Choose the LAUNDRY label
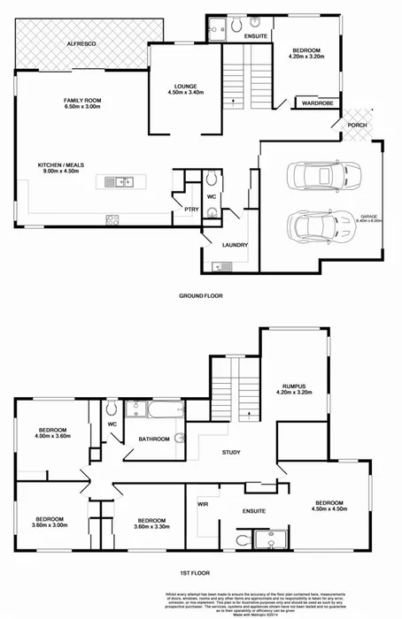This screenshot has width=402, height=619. pos(236,245)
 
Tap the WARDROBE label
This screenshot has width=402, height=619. pos(316,103)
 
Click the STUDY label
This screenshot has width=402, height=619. pos(232,452)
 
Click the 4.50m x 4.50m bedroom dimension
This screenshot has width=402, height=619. pos(328,509)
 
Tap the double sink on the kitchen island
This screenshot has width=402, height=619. pos(118,182)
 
